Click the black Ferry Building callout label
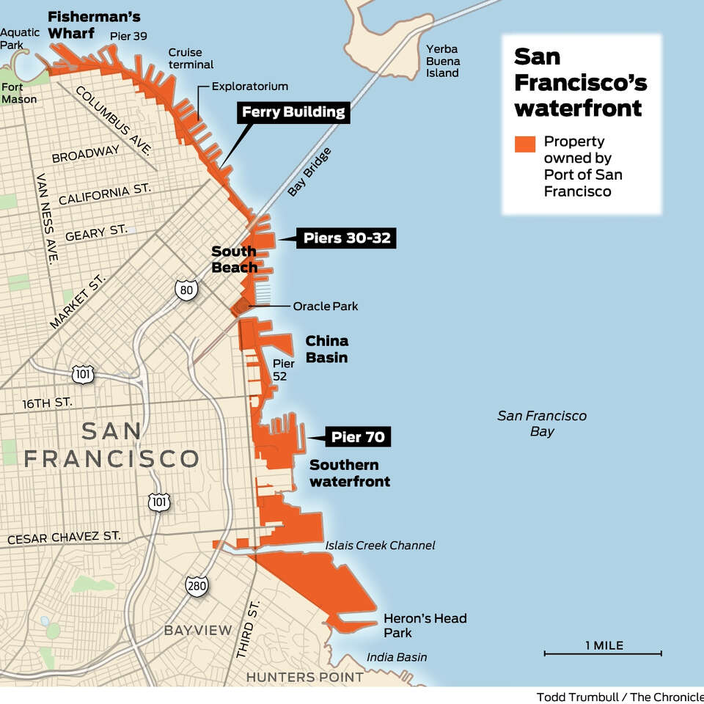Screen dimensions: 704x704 pyautogui.click(x=293, y=112)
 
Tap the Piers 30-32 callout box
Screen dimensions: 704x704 pyautogui.click(x=346, y=238)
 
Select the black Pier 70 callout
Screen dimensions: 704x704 pyautogui.click(x=357, y=438)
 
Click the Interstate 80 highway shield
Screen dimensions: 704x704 pyautogui.click(x=186, y=290)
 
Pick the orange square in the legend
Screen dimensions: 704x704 pyautogui.click(x=525, y=143)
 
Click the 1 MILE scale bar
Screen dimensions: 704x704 pyautogui.click(x=604, y=652)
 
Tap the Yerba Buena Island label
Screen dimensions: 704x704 pyautogui.click(x=443, y=61)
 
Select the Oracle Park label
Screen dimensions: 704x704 pyautogui.click(x=325, y=306)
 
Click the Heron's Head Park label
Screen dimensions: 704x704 pyautogui.click(x=425, y=626)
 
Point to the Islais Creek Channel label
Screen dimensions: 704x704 pyautogui.click(x=380, y=545)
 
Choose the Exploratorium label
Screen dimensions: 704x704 pyautogui.click(x=249, y=87)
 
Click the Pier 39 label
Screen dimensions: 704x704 pyautogui.click(x=124, y=35)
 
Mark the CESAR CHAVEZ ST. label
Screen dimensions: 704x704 pyautogui.click(x=64, y=538)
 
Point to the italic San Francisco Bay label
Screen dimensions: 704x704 pyautogui.click(x=542, y=423)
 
